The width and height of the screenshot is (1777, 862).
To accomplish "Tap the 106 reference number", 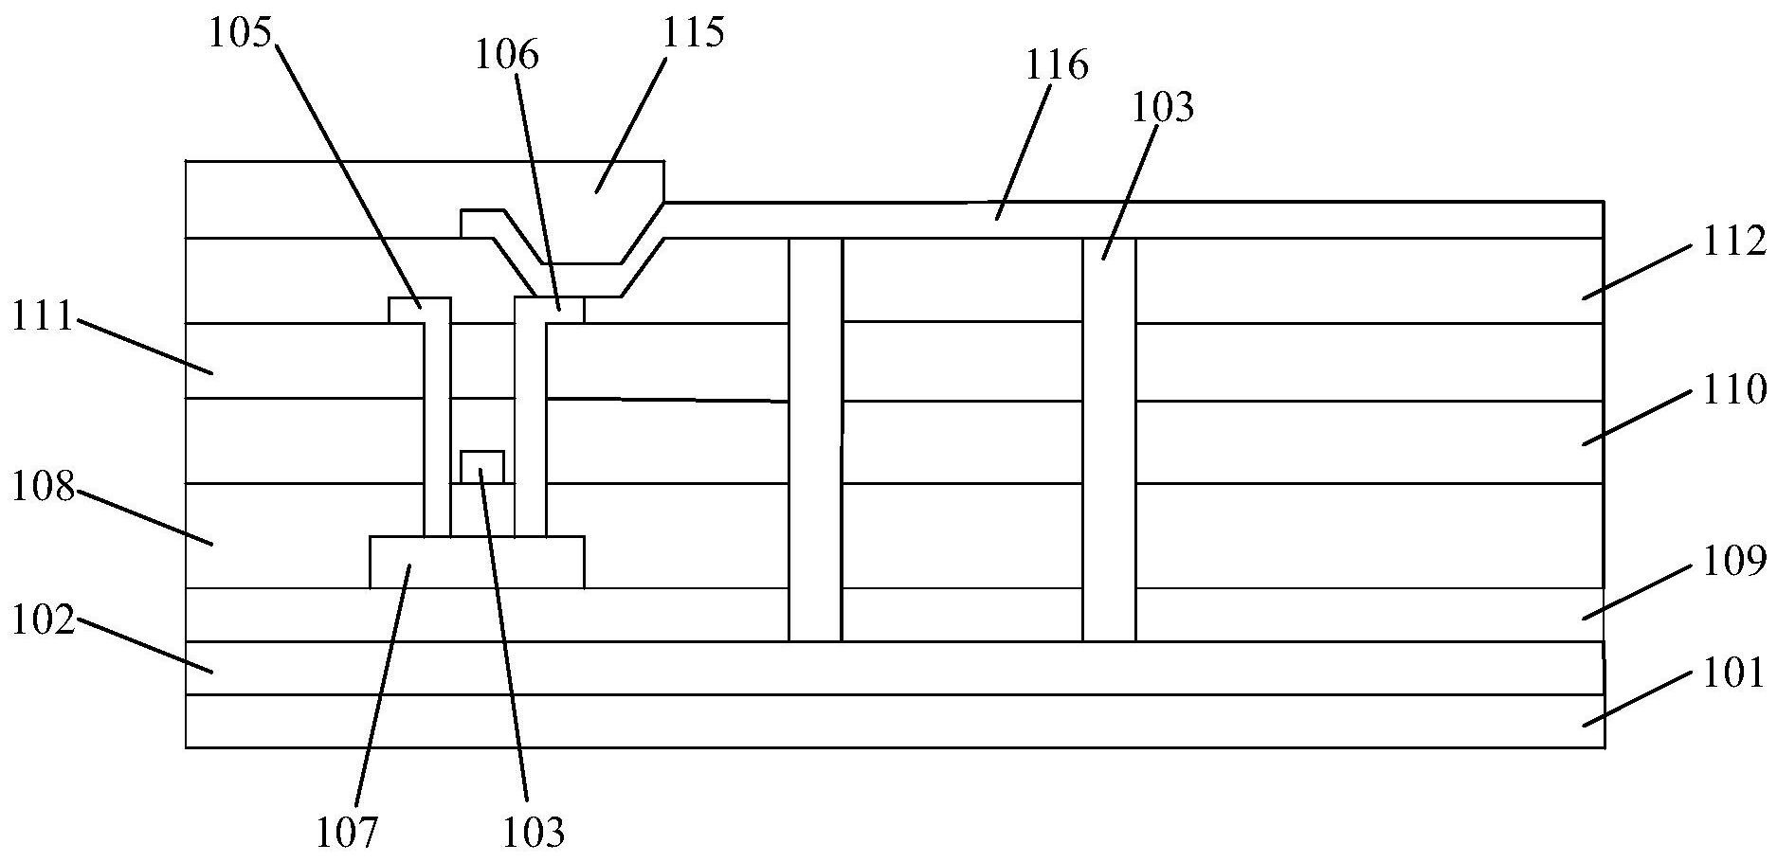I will click(x=507, y=55).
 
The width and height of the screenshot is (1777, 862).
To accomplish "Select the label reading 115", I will click(x=694, y=33).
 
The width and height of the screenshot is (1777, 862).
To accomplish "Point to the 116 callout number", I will click(x=1058, y=65).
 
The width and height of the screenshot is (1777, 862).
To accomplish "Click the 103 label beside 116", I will click(x=1163, y=108).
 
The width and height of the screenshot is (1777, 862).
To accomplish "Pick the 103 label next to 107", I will click(x=534, y=833).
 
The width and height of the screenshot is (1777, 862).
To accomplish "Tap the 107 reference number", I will click(x=347, y=833).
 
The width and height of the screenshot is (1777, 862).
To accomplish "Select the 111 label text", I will click(x=43, y=317).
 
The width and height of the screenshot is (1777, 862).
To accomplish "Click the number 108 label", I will click(x=43, y=488).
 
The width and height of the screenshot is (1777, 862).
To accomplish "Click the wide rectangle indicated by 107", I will click(x=476, y=562).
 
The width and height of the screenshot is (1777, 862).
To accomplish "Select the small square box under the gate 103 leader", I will click(x=481, y=467).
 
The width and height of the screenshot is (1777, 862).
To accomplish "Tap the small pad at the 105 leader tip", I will click(x=419, y=310).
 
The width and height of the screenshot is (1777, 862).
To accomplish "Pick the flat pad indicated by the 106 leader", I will click(x=549, y=310).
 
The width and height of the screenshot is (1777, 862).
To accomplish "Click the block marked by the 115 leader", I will click(x=578, y=204).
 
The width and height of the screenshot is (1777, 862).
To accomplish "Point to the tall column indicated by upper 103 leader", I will click(x=1109, y=440).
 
